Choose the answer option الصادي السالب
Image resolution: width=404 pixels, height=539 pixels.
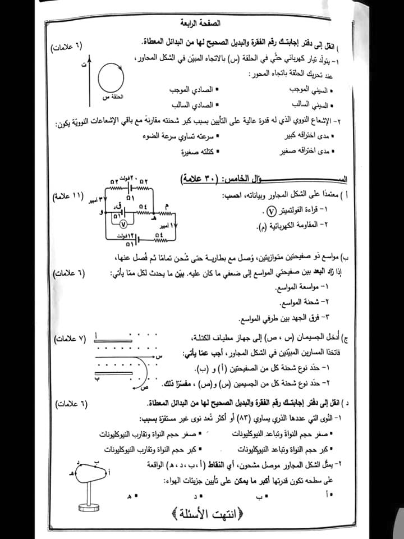[187, 104]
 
